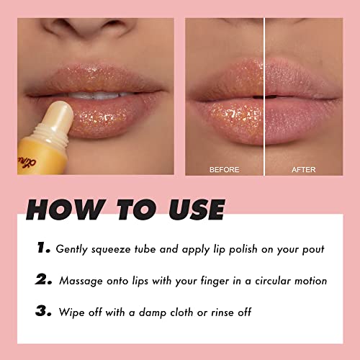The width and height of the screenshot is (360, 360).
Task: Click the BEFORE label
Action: [x=223, y=170]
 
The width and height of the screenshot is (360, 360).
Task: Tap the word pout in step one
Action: [x=311, y=250]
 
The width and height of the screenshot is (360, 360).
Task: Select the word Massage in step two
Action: [x=84, y=282]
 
